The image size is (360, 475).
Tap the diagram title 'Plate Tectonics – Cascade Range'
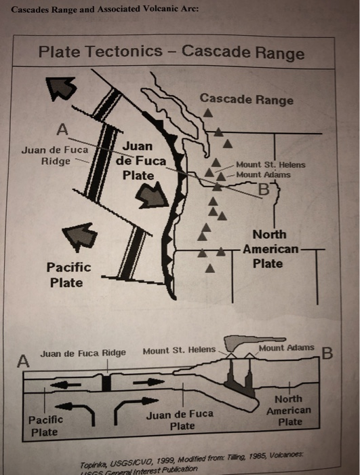click(172, 52)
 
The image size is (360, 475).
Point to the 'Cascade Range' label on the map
click(247, 100)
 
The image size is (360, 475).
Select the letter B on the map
click(264, 190)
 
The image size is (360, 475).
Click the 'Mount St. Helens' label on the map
click(271, 165)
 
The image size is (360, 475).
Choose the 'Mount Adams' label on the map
click(264, 174)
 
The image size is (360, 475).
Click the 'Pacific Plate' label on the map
click(68, 275)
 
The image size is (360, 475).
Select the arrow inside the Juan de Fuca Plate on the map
click(153, 197)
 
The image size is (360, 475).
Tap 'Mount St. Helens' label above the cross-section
click(178, 351)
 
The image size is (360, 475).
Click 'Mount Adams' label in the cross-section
click(286, 347)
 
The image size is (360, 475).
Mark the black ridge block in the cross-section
click(106, 383)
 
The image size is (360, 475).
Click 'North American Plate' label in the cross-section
click(289, 410)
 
